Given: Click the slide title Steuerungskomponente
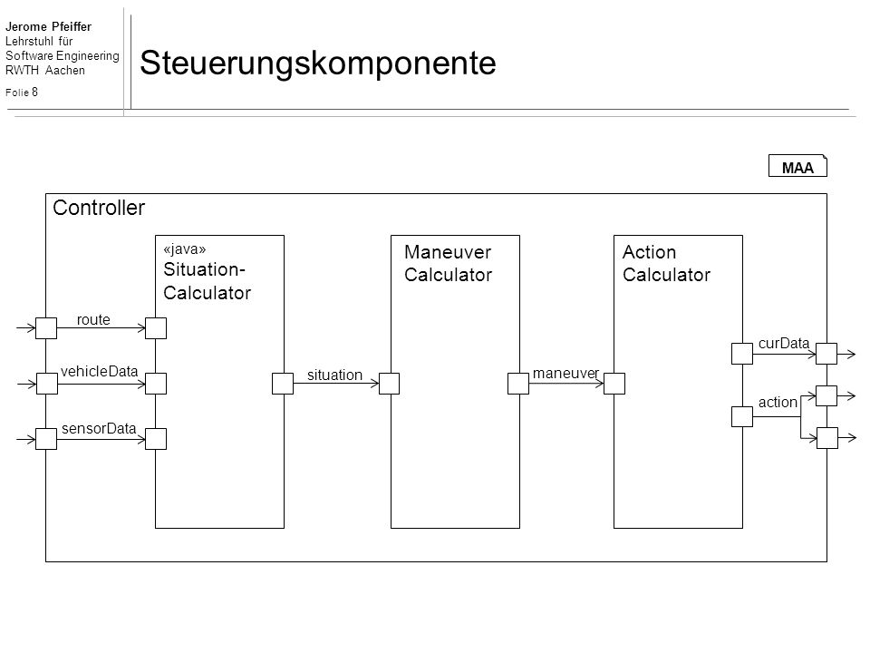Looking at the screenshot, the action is tap(317, 63).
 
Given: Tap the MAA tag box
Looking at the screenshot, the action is tap(797, 166).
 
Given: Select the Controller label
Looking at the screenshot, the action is tap(99, 208).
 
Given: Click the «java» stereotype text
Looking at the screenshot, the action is tap(185, 249).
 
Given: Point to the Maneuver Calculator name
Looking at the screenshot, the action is tap(448, 263).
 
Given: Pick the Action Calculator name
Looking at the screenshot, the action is tap(666, 263).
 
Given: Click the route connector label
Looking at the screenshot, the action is tap(93, 320).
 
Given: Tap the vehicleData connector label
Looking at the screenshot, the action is tap(100, 372).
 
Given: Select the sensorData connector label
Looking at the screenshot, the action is tap(99, 429).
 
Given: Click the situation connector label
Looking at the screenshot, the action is tap(334, 375).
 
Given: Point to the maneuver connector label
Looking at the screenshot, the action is tap(565, 374).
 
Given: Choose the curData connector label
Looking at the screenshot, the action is tap(783, 344).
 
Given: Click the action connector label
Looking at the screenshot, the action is tap(778, 402).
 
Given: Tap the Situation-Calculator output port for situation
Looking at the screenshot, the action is tap(283, 384).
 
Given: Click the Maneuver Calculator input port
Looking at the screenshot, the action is tap(389, 384).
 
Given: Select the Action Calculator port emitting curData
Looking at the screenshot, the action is tap(742, 354).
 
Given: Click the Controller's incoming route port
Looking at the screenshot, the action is tap(46, 328).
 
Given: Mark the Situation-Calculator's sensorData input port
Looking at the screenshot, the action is tap(156, 439).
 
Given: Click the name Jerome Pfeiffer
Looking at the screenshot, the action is tap(48, 26).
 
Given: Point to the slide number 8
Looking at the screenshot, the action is tap(35, 93).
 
